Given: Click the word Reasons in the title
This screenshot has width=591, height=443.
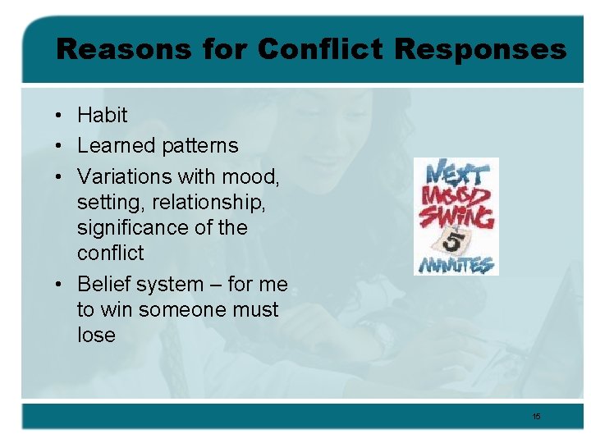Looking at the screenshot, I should coord(106,49).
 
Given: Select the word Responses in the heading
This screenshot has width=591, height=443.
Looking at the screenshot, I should coord(479,49).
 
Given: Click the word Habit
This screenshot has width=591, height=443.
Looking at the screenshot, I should coord(102,115).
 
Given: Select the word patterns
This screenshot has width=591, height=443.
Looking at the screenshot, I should coord(200,146).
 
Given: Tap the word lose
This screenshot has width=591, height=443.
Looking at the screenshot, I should coord(96,336).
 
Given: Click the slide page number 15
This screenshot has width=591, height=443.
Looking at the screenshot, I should coord(536,417).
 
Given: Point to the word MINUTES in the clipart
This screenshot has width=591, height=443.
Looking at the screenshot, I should coord(456,264).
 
